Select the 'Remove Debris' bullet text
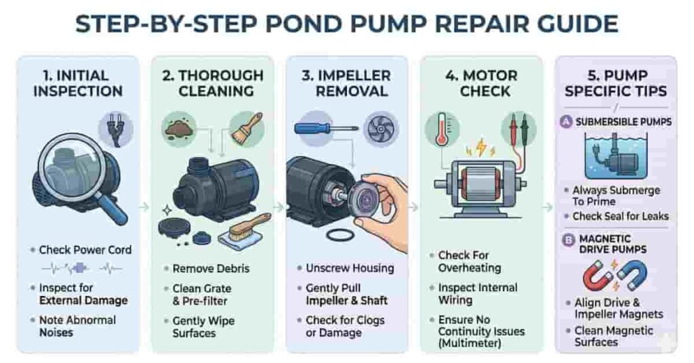tap(211, 269)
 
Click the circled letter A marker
tap(566, 122)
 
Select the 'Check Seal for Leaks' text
tap(620, 216)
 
